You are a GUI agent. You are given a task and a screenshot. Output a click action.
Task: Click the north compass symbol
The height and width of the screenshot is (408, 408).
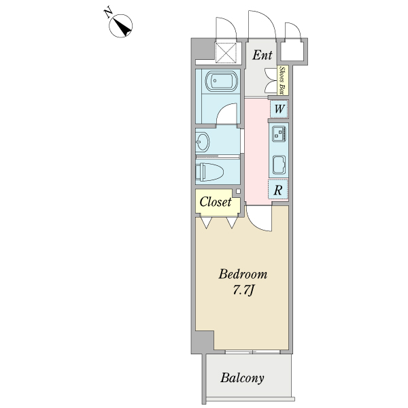click(120, 26)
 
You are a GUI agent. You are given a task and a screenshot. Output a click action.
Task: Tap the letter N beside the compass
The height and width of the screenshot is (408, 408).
click(108, 14)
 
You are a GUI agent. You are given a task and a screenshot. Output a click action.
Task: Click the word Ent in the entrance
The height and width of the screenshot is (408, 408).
click(262, 55)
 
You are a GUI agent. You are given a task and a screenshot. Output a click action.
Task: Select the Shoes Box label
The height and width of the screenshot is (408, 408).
click(282, 80)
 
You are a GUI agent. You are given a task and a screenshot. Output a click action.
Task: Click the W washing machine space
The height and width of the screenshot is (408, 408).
click(279, 109)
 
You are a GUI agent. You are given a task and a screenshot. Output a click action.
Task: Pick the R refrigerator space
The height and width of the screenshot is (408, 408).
click(278, 190)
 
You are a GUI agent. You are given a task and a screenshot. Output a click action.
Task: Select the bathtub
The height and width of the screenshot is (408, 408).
click(221, 80)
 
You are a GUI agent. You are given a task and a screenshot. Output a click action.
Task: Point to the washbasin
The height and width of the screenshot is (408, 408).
click(203, 142)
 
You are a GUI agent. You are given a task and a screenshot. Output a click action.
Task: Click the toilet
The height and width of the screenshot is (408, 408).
click(209, 172)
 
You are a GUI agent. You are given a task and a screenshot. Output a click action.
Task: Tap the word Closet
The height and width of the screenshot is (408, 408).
click(216, 202)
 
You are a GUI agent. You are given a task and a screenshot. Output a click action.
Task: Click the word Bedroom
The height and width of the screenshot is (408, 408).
click(243, 274)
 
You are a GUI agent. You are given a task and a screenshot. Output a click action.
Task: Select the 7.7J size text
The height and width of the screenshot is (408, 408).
click(243, 290)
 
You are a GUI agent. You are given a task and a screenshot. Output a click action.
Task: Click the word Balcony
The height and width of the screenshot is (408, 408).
click(242, 378)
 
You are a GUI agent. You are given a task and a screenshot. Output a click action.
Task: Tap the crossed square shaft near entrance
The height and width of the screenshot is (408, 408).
click(226, 53)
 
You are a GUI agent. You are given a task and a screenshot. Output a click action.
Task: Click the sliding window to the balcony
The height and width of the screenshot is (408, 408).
click(252, 352)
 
